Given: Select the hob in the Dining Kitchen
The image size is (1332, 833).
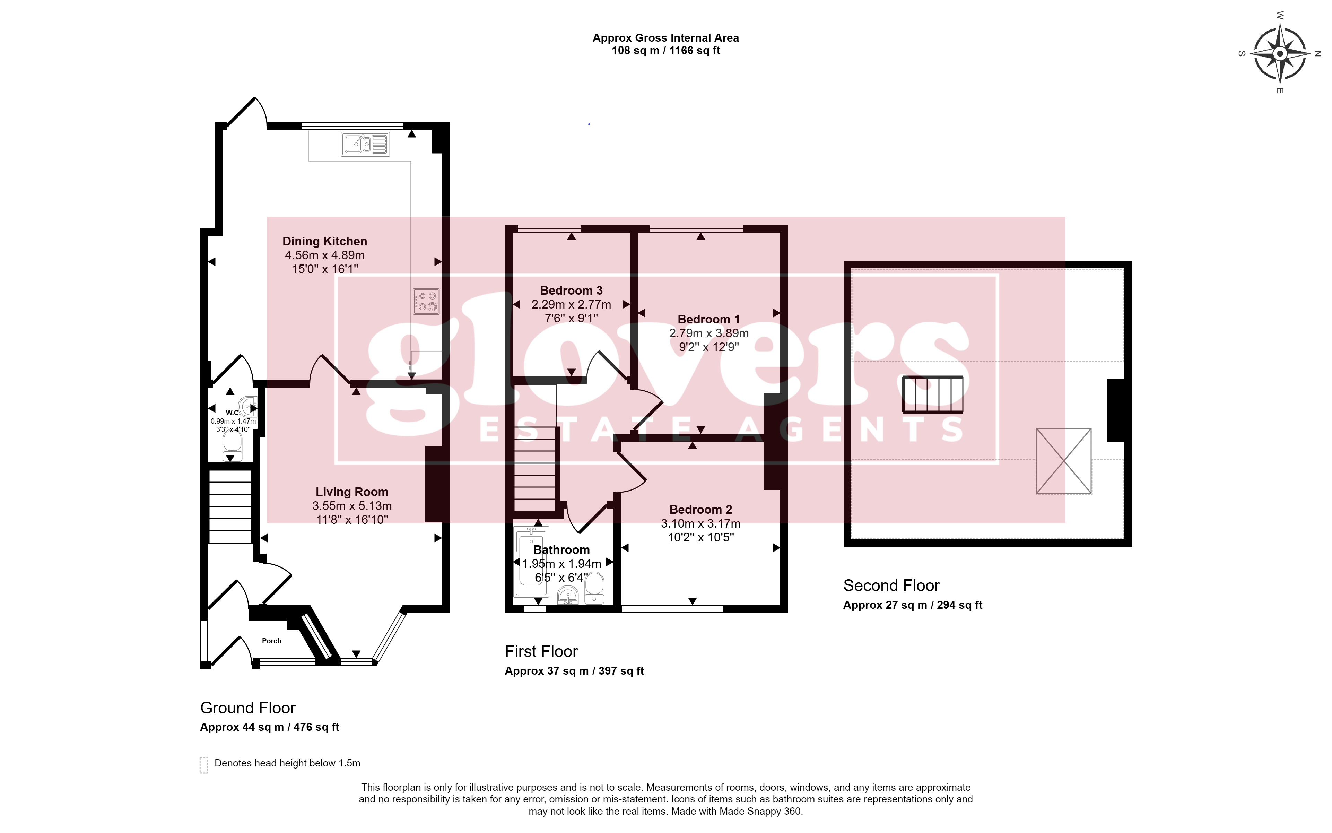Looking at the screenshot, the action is (426, 301).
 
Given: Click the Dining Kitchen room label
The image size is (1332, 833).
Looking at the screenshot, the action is (324, 241).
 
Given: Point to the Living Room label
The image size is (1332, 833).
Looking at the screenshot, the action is (351, 492).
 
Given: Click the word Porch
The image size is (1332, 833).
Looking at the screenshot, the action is (272, 641).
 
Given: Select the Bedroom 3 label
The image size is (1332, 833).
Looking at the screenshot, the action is (571, 290).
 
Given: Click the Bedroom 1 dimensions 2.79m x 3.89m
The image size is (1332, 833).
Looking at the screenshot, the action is (708, 333).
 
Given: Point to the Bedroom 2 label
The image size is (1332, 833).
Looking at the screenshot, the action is (701, 510).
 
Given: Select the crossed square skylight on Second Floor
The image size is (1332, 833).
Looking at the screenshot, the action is (1064, 461).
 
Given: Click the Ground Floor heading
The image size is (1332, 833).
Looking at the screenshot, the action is (248, 708).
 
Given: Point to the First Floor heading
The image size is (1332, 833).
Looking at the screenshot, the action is (541, 652).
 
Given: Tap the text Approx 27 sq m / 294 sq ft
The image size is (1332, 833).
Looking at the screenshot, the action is (913, 605).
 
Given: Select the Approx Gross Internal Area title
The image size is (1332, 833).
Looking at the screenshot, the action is (665, 38).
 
